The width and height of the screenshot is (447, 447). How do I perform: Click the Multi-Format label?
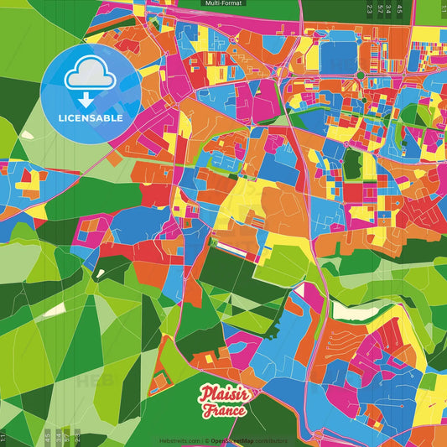(223, 3)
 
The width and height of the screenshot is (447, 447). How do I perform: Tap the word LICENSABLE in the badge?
(91, 118)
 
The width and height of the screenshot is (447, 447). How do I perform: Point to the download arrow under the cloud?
(86, 98)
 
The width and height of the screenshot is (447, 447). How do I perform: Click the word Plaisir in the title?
(223, 395)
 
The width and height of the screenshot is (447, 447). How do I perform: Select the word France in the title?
(224, 411)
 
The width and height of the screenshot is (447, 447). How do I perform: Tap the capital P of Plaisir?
(206, 395)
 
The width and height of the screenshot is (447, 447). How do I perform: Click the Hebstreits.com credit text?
(179, 439)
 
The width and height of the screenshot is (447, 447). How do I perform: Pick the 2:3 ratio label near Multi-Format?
(370, 9)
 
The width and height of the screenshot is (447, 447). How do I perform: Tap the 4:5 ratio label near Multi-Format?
(399, 9)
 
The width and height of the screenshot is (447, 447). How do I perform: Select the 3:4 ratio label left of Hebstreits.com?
(57, 436)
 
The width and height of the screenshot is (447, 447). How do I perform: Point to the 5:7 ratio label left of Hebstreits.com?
(67, 436)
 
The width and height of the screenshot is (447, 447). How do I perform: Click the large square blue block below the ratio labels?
(339, 56)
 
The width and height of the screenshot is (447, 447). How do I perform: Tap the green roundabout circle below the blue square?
(361, 75)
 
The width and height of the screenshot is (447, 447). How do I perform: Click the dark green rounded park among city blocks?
(352, 164)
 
